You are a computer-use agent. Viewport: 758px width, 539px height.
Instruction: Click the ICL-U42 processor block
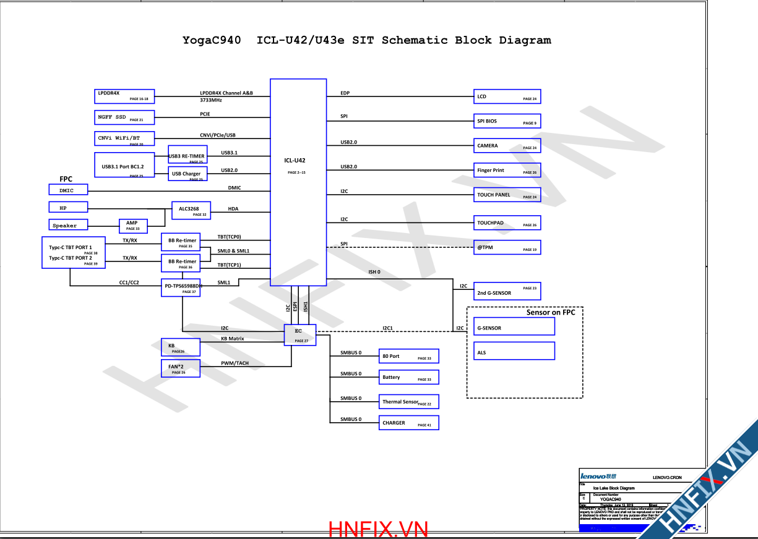coord(298,182)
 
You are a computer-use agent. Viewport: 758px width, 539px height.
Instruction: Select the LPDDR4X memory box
coord(124,96)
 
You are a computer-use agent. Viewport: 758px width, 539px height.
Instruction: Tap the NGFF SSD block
coord(124,117)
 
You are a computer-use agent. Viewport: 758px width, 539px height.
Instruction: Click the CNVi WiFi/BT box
coord(124,138)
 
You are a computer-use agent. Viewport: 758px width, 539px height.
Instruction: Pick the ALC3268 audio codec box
coord(191,210)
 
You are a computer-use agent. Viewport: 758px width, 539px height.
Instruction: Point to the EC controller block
coord(300,334)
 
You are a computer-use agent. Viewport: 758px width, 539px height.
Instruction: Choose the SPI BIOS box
coord(507,121)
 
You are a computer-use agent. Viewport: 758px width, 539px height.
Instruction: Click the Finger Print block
coord(507,171)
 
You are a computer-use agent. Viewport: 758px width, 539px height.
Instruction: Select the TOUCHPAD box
coord(507,223)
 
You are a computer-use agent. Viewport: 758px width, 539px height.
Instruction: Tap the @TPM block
coord(507,247)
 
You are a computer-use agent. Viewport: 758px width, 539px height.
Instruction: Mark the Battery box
coord(409,377)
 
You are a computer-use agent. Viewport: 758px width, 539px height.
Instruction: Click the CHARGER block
coord(409,423)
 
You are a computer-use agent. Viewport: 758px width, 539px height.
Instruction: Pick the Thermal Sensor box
coord(409,402)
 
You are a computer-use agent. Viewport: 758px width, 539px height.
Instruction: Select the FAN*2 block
coord(180,368)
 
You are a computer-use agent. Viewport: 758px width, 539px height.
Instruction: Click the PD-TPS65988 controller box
coord(182,288)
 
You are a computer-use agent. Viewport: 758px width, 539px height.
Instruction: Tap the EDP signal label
coord(345,93)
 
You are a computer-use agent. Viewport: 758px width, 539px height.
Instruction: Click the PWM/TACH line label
coord(235,363)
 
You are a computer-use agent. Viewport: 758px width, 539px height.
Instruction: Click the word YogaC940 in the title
coord(212,41)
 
